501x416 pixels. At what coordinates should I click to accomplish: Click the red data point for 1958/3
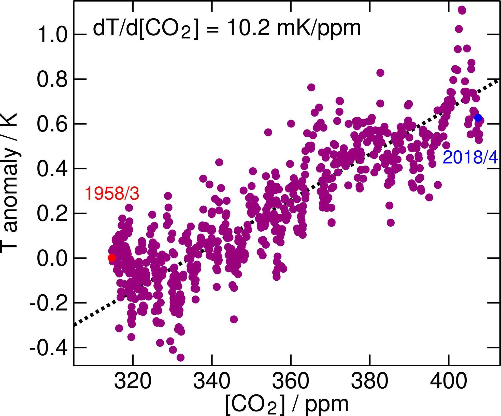point(111,258)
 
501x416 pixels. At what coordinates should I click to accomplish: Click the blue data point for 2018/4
point(478,118)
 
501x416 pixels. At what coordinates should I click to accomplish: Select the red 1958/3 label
point(112,194)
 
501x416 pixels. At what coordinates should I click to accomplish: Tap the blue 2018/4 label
point(470,157)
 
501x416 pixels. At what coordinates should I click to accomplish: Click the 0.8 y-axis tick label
point(52,79)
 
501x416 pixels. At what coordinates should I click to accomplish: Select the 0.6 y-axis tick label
point(52,124)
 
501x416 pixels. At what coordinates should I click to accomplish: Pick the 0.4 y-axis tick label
point(52,169)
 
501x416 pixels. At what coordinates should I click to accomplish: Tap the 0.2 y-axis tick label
point(52,213)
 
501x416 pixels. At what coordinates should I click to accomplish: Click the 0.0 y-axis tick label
point(52,258)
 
